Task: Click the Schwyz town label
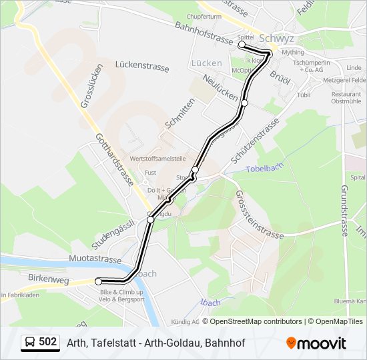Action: [276, 38]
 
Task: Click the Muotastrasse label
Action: [95, 259]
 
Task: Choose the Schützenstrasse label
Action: [254, 141]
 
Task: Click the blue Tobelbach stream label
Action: [266, 169]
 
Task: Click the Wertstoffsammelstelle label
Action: [157, 159]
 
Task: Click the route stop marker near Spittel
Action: [242, 45]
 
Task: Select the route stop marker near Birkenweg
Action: [99, 281]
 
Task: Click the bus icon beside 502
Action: [29, 343]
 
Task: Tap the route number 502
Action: [48, 342]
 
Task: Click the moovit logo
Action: [316, 343]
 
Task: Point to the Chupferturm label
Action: [204, 15]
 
